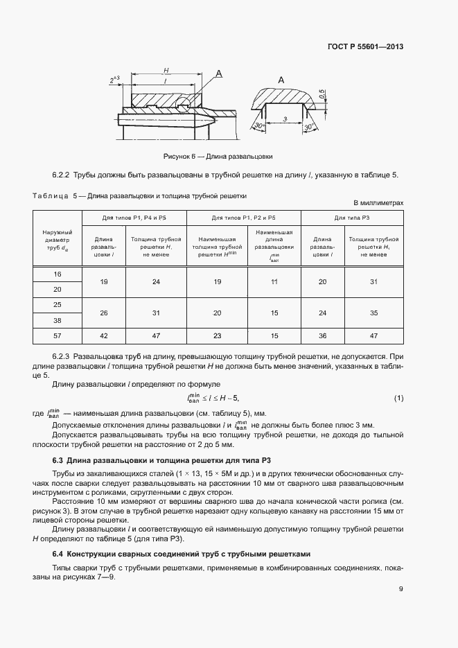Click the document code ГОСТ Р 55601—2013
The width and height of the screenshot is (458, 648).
366,47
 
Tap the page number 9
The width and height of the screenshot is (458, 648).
400,589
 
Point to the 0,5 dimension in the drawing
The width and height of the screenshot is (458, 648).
322,94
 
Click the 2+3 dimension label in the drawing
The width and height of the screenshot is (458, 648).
115,80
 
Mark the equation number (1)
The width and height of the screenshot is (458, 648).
398,397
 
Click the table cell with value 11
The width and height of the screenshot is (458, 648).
274,281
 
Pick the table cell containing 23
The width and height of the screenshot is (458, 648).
217,335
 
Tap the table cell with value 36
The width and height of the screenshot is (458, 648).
322,335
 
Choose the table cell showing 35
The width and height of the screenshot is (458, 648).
374,313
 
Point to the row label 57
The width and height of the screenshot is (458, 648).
57,335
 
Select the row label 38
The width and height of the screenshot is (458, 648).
57,320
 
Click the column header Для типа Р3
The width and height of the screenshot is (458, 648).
352,218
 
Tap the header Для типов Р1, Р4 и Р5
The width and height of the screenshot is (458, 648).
134,218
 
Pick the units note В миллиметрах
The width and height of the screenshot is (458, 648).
378,202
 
